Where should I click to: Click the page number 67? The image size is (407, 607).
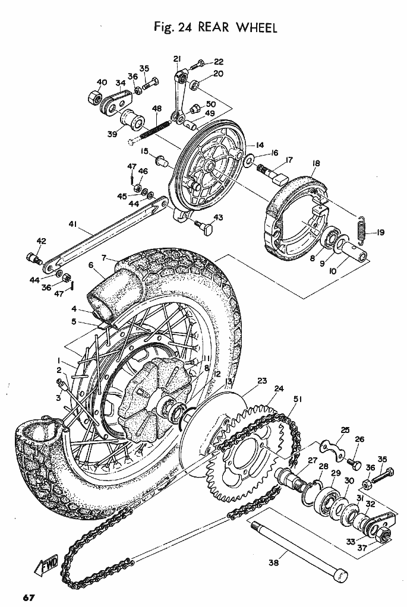coord(29,597)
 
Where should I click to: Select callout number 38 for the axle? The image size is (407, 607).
coord(274,563)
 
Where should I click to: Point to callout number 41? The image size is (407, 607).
coord(73,224)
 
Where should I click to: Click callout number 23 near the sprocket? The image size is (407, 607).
coord(262,381)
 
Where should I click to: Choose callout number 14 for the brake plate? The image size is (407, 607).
coord(260,145)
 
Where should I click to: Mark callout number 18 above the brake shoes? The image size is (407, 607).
coord(315,163)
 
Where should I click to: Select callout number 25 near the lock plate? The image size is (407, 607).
coord(345,430)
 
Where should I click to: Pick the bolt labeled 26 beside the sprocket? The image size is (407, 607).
coord(354,462)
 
